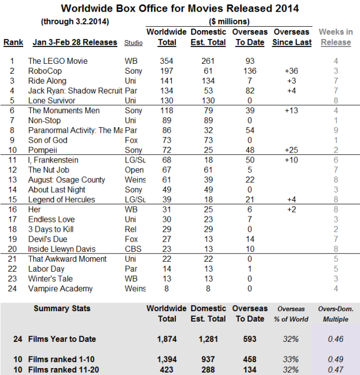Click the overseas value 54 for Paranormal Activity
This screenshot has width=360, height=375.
(x=250, y=131)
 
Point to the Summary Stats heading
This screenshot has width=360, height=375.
(x=62, y=309)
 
